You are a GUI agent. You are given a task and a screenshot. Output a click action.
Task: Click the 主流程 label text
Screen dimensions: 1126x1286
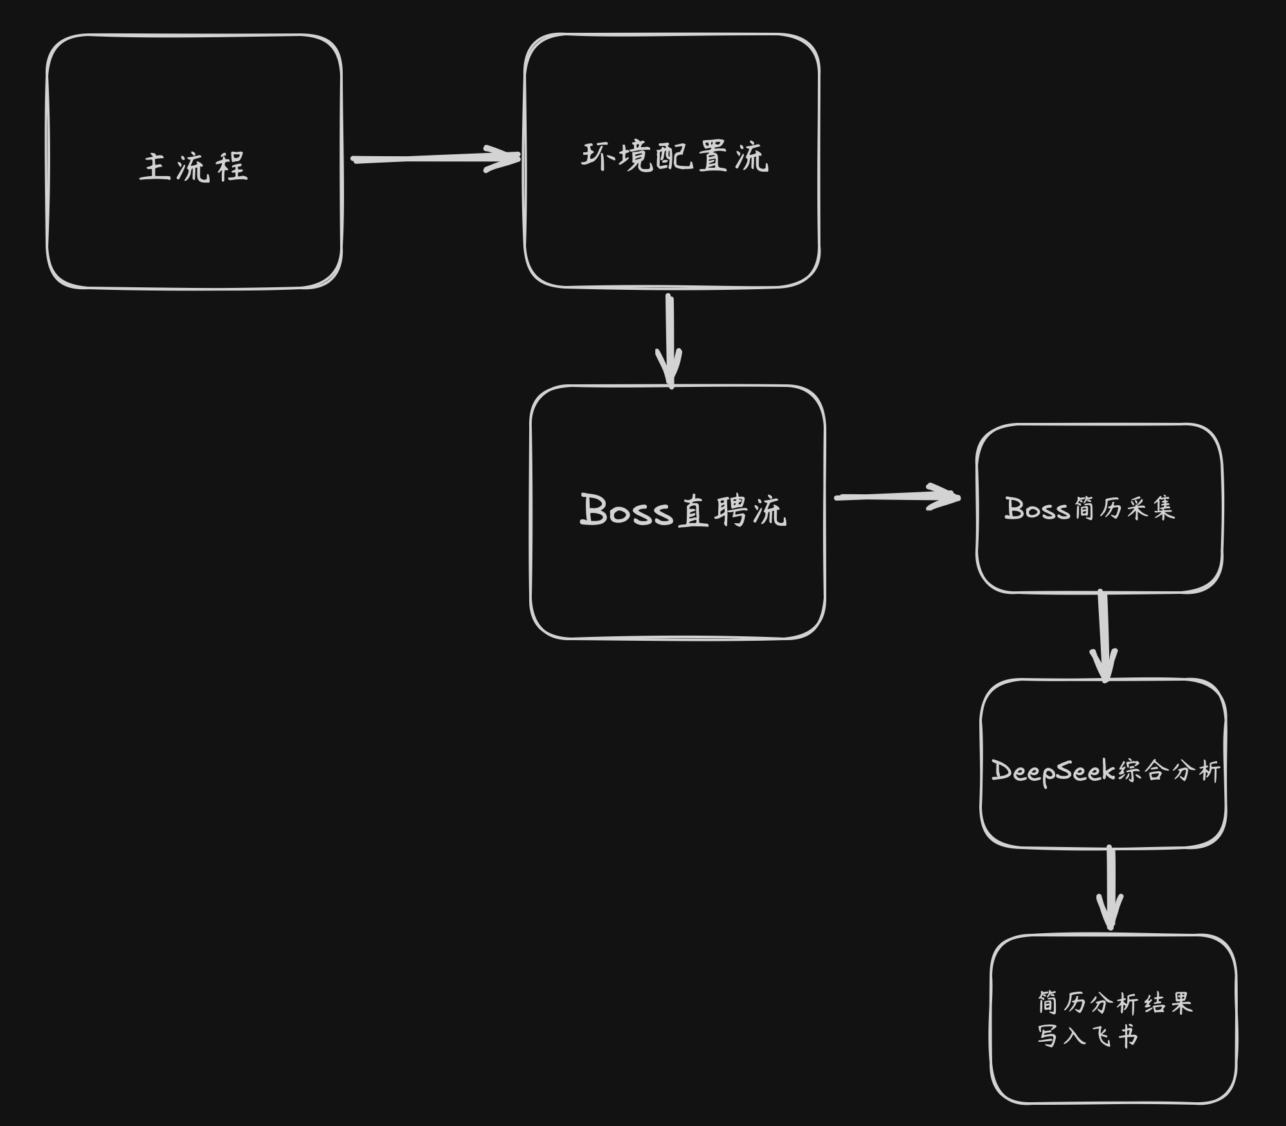coord(194,167)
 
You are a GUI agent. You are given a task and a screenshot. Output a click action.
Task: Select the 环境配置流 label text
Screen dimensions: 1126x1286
coord(675,157)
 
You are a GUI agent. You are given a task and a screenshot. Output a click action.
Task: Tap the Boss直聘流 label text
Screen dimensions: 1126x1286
coord(683,512)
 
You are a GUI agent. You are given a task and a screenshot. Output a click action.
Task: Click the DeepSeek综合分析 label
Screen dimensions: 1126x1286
coord(1105,771)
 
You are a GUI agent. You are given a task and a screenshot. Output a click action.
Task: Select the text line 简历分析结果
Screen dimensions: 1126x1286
coord(1115,1003)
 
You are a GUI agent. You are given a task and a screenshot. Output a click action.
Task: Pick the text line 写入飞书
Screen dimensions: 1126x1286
coord(1087,1035)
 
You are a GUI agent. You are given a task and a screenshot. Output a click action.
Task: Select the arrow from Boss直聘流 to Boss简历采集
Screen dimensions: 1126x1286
coord(896,497)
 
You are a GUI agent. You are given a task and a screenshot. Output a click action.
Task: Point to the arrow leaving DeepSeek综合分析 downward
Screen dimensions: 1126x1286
coord(1110,887)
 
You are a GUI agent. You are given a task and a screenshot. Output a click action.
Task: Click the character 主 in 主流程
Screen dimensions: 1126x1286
coord(154,167)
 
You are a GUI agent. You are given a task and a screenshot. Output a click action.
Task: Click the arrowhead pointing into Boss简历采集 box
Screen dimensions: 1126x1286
coord(946,497)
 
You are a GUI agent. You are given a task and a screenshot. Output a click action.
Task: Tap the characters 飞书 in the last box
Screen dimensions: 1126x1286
coord(1115,1036)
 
